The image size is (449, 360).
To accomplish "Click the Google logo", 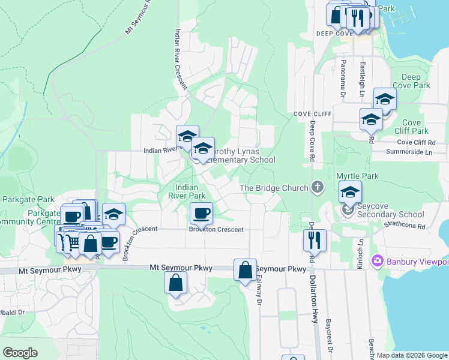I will (20, 353).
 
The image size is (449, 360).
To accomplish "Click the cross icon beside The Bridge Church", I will (318, 188).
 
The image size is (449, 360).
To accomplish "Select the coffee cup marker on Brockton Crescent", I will (201, 213).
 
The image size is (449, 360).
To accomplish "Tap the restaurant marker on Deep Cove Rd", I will (315, 241).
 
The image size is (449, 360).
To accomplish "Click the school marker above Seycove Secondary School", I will (350, 193).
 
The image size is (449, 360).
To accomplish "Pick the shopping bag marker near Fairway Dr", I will (246, 271).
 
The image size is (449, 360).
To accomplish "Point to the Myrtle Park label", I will (357, 176).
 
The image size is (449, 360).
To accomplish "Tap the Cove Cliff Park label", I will (411, 127).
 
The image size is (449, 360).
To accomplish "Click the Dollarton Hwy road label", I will (313, 299).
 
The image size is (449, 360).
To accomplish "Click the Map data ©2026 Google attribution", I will (412, 355).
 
